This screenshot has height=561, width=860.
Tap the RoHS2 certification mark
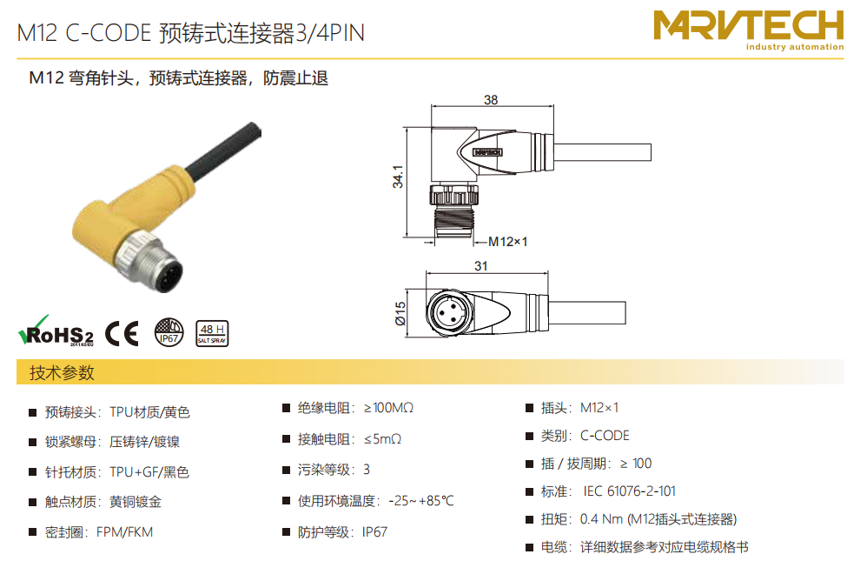point(56,331)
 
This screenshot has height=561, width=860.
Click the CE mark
point(122,333)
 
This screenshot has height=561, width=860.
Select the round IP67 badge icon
point(169,332)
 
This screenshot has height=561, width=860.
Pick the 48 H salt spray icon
point(212,333)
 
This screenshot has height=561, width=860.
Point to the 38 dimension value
point(491,100)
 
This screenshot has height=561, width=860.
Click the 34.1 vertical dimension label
point(398,177)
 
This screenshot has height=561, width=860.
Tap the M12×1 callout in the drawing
point(508,242)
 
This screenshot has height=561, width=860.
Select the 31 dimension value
point(481,266)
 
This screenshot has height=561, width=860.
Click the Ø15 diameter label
point(400,313)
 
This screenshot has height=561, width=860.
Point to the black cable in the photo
point(223,146)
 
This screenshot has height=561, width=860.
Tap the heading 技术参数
point(62,373)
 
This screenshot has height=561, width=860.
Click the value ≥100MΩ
point(389,408)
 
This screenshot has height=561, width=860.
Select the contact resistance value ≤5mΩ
point(382,439)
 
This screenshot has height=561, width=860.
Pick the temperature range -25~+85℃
point(421,501)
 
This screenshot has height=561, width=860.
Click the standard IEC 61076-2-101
point(630,491)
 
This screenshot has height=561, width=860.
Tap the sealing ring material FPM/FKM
point(124,532)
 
